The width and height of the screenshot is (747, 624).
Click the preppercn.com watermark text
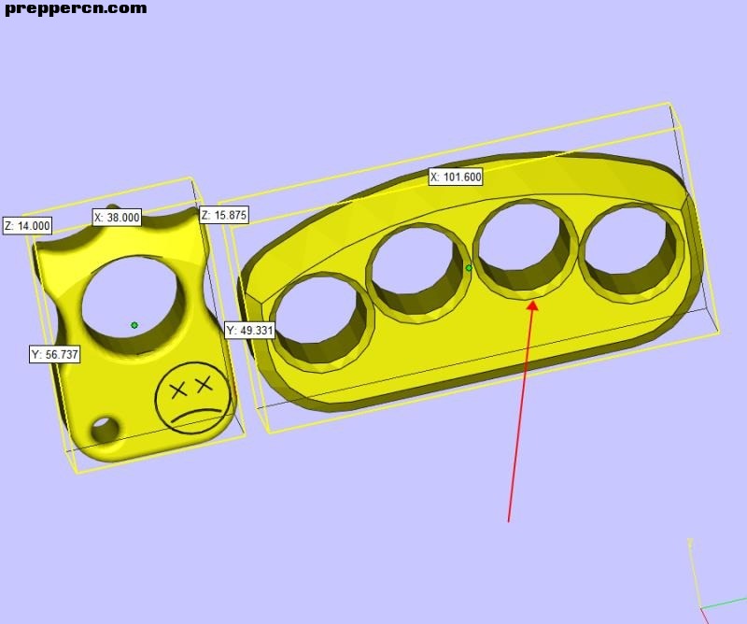point(76,8)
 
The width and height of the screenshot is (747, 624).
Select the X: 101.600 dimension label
point(456,177)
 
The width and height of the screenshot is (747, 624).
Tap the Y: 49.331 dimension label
point(249,330)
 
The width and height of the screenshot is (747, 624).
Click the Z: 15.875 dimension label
point(224,215)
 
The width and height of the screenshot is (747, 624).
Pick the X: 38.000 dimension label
point(117,218)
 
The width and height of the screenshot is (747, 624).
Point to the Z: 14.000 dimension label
point(28,225)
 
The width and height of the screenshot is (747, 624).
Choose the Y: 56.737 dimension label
point(54,355)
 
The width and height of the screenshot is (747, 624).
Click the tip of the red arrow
point(533,302)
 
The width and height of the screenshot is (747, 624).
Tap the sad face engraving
point(193,398)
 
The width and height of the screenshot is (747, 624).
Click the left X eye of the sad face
point(178,391)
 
